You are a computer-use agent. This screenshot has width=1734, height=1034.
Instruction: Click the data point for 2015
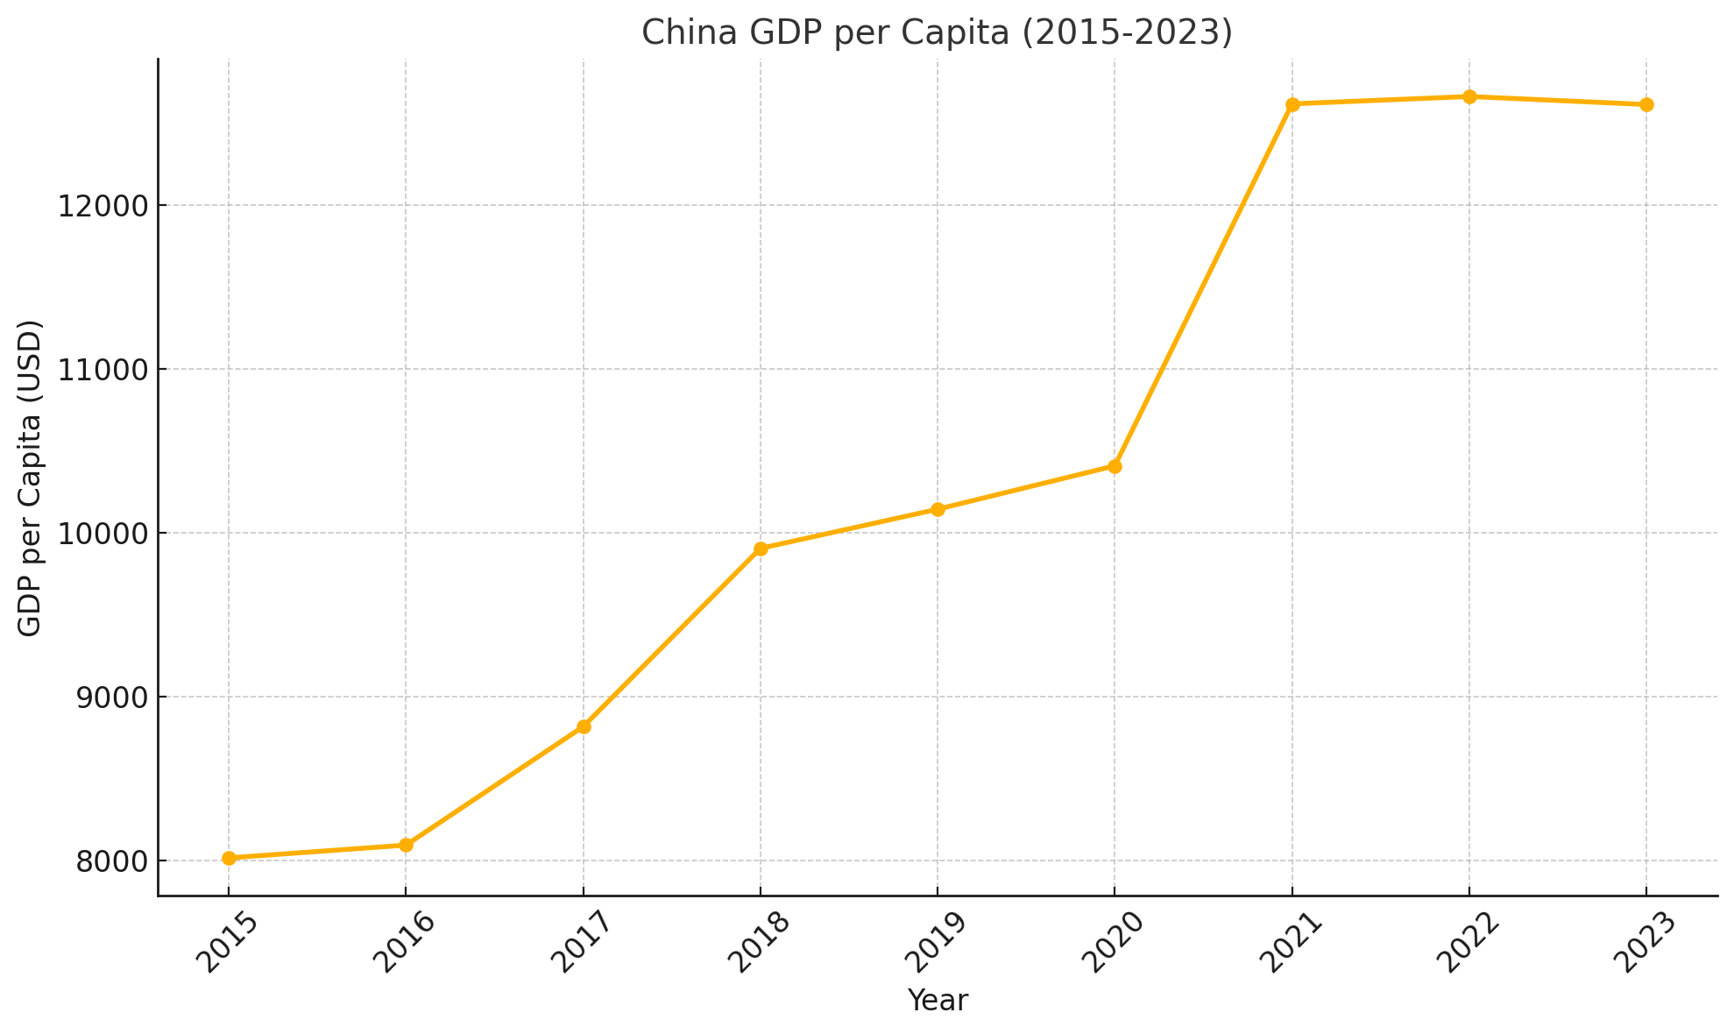point(229,858)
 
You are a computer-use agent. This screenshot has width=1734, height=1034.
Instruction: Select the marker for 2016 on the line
point(406,845)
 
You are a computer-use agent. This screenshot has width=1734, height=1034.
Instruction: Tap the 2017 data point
point(584,726)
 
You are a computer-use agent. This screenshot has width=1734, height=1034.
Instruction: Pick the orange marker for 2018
point(761,549)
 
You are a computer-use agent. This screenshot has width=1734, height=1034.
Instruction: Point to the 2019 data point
point(938,509)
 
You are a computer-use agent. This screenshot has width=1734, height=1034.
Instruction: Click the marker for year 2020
point(1115,466)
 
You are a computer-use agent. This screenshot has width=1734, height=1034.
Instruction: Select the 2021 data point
point(1292,104)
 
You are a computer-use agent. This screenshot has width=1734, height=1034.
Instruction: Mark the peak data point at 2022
point(1469,96)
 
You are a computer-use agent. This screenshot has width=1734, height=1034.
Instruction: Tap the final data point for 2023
point(1646,104)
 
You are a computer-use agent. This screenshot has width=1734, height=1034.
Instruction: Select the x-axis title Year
point(938,1001)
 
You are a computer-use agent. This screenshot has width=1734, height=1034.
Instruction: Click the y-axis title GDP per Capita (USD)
point(30,478)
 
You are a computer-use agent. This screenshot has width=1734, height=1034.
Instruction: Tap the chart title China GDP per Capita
point(937,32)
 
